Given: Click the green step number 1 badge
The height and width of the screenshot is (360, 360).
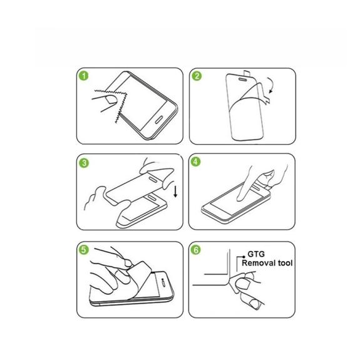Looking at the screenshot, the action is (84, 76).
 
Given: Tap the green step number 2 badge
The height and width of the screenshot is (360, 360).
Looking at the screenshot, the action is (197, 76).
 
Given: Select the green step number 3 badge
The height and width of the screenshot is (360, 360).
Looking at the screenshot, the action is (84, 163).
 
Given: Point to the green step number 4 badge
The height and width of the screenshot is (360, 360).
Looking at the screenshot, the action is (195, 162).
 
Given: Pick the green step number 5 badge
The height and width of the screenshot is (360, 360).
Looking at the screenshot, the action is (83, 250).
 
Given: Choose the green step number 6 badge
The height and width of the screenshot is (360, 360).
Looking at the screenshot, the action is (196, 250).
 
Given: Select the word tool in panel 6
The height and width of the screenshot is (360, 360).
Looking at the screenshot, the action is (285, 263).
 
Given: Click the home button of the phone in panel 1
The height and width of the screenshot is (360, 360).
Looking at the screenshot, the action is (159, 120).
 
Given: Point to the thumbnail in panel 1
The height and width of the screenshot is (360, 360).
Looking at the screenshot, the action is (111, 100).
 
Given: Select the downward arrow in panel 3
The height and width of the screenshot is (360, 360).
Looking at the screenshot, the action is (175, 192).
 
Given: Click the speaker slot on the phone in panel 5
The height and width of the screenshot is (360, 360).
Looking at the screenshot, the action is (163, 283).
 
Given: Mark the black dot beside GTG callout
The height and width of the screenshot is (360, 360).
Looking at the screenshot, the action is (244, 257).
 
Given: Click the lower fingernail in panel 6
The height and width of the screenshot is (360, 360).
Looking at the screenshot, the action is (254, 304).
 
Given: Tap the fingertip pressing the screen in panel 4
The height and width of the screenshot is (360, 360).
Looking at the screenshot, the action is (240, 198).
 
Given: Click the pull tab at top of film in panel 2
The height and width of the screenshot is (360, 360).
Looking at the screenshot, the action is (247, 73).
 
